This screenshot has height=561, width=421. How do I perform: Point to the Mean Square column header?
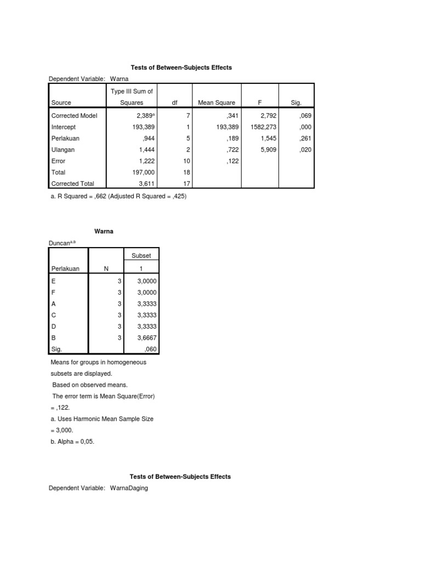coord(217,102)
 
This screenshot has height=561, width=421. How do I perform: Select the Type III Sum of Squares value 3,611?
coord(134,184)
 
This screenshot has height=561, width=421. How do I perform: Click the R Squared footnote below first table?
coord(118,196)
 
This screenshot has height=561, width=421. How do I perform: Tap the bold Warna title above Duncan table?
coord(104,232)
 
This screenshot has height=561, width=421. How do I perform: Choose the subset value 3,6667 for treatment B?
coord(146,339)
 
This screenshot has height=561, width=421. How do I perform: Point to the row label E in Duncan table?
coord(53,280)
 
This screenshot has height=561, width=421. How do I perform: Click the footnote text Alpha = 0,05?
coord(72,442)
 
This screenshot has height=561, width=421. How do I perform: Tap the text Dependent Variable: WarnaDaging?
coord(98,488)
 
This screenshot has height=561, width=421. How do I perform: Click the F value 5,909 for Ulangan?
coord(268,150)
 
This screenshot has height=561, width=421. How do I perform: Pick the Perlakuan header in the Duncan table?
coord(65,268)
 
